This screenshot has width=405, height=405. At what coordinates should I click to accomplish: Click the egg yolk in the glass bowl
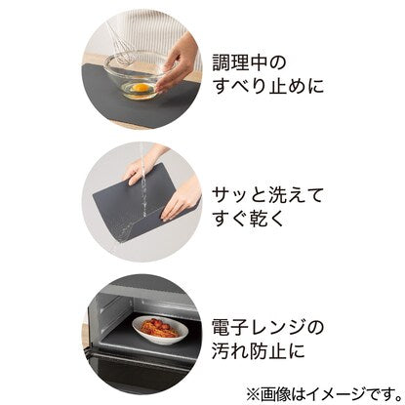[x=141, y=88]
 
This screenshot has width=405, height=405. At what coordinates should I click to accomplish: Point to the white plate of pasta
[x=160, y=330]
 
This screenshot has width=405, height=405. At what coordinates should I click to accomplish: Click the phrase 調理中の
[x=249, y=62]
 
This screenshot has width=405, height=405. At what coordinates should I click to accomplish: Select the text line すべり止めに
[x=268, y=86]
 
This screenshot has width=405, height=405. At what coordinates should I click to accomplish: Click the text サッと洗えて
[x=267, y=196]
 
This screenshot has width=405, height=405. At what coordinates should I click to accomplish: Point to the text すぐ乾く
[x=248, y=218]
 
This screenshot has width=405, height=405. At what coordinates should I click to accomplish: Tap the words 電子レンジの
[x=267, y=328]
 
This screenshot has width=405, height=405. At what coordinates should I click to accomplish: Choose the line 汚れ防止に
[x=259, y=350]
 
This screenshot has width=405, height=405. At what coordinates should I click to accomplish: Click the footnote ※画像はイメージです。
[x=324, y=394]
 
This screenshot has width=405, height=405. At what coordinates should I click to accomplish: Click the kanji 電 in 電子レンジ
[x=222, y=328]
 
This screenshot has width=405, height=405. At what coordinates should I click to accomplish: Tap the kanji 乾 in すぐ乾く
[x=259, y=218]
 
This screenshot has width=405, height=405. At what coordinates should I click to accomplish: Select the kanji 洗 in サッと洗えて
[x=277, y=196]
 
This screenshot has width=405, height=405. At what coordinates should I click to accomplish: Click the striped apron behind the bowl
[x=148, y=32]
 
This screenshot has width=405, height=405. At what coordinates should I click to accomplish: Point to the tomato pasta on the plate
[x=159, y=327]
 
